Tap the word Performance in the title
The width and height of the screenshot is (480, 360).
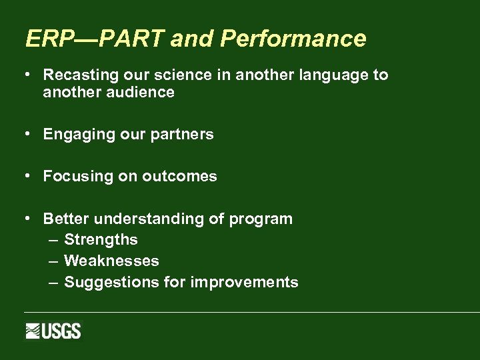click(293, 39)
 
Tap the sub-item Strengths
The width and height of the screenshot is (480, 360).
click(101, 240)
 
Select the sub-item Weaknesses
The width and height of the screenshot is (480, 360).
click(111, 261)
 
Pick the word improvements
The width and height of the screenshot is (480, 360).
click(244, 283)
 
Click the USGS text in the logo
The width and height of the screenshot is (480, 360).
click(61, 331)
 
